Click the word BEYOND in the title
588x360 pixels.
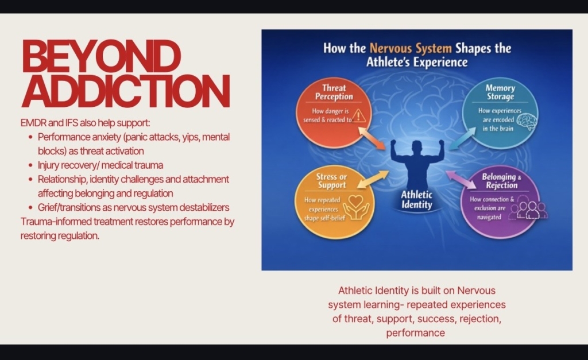point(101,56)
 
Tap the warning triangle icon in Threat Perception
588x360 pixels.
point(359,116)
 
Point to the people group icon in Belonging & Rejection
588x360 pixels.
point(531,210)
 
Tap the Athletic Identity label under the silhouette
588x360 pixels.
point(417,199)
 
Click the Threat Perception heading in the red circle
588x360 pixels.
point(334,92)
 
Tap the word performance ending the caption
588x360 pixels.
point(416,333)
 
